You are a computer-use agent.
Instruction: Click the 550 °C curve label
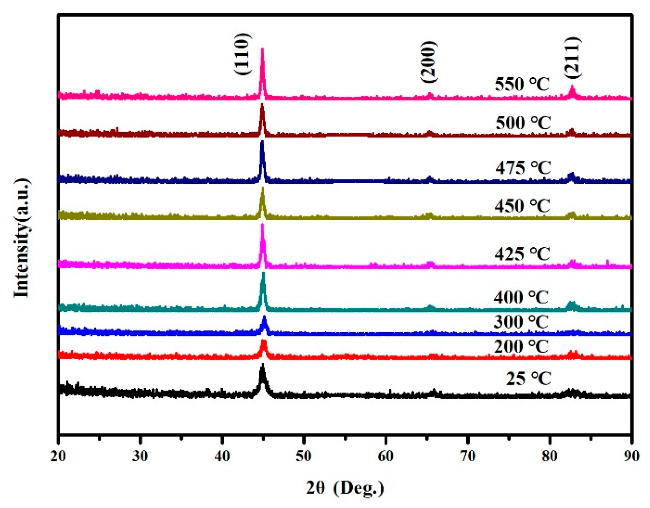click(x=522, y=84)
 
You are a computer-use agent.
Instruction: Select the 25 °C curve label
click(x=528, y=378)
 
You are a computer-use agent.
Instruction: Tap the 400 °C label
click(x=521, y=297)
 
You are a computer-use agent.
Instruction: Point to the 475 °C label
click(x=523, y=168)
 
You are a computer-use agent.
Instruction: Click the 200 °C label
click(x=521, y=347)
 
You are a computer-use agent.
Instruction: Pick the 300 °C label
click(x=521, y=322)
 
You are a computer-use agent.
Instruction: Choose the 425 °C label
click(x=522, y=254)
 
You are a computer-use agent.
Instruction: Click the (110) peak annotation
click(x=243, y=54)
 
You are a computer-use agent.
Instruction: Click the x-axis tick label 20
click(x=58, y=456)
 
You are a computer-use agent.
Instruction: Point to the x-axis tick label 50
click(x=304, y=456)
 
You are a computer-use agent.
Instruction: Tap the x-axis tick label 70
click(x=468, y=456)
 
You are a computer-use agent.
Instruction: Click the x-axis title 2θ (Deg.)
click(x=345, y=488)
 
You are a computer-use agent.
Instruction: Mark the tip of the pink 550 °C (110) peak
click(x=262, y=49)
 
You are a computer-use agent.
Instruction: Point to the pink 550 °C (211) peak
click(x=572, y=88)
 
